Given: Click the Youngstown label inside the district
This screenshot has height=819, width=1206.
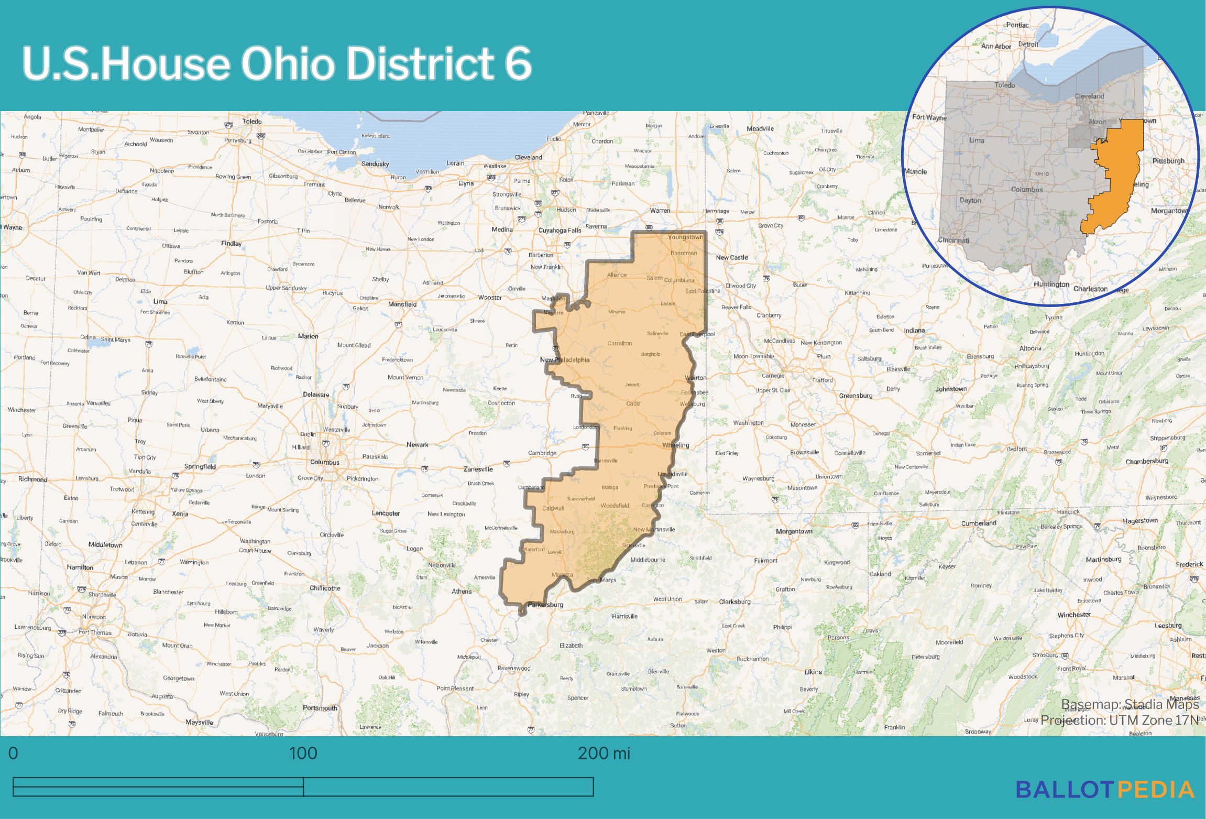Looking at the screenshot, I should pos(685,237).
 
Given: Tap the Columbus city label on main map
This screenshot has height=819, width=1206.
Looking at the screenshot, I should pos(324,462).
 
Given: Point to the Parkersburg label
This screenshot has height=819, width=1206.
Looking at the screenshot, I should pos(545,605).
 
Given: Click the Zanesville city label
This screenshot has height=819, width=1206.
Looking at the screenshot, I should pos(478,469).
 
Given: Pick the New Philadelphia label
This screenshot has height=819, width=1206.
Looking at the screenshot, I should pos(564,360).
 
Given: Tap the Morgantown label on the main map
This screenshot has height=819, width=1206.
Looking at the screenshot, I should pos(794,531).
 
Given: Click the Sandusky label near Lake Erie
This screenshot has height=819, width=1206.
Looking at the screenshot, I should pos(375,164).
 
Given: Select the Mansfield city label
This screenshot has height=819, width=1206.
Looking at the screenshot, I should pos(402,304).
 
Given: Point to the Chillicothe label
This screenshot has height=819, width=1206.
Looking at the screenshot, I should pos(325,588).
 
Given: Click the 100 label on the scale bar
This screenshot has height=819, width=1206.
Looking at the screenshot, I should pos(303,754).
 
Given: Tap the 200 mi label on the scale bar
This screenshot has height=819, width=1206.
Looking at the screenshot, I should pos(604,754).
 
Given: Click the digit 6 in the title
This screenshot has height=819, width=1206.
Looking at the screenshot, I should pos(518,63).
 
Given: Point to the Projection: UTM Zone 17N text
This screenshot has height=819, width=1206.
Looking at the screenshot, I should pos(1119,720).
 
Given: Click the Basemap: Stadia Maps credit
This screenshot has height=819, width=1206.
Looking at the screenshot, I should pos(1130,704).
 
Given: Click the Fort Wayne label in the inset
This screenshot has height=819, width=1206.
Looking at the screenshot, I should pos(929,117).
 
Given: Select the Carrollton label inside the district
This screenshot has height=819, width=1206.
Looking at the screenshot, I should pos(619,344).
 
